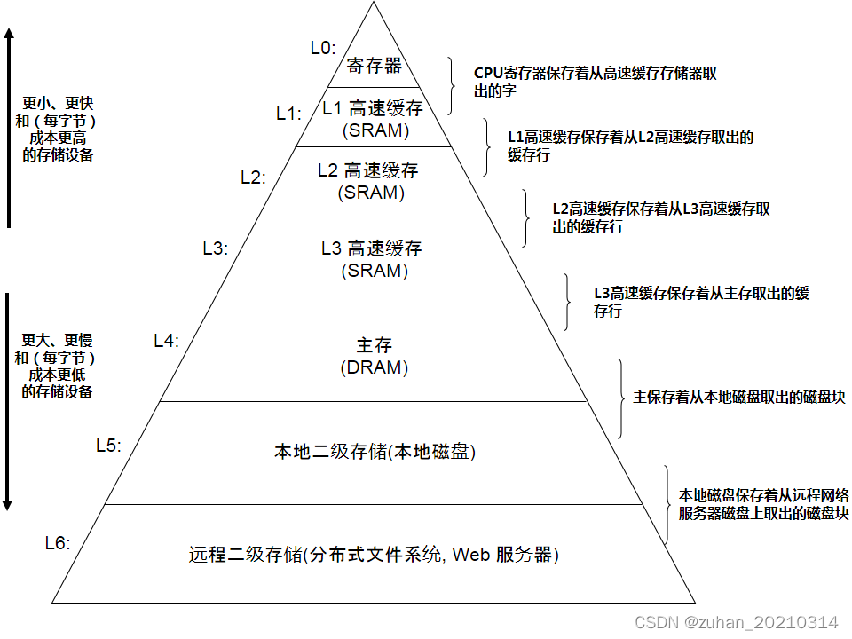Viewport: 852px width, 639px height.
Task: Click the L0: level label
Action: pos(323,48)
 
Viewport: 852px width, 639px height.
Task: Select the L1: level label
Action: pos(288,113)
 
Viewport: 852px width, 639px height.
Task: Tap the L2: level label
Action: pos(253,177)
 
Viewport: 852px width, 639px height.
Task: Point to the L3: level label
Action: pos(216,248)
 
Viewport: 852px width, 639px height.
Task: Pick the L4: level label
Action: pos(166,340)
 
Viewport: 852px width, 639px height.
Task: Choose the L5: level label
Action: pos(108,446)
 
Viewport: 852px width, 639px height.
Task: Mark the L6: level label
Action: pos(57,542)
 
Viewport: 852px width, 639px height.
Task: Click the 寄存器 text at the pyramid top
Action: pos(374,66)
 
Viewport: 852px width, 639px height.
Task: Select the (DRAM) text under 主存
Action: pos(374,367)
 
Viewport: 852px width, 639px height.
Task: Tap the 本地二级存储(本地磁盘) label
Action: pos(375,452)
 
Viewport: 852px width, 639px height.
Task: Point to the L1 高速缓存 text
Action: pos(373,109)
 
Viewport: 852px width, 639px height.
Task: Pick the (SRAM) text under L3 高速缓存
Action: pos(375,270)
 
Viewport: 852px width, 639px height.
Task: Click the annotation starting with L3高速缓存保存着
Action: pos(701,302)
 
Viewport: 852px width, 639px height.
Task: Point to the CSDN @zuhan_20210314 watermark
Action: pos(737,622)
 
